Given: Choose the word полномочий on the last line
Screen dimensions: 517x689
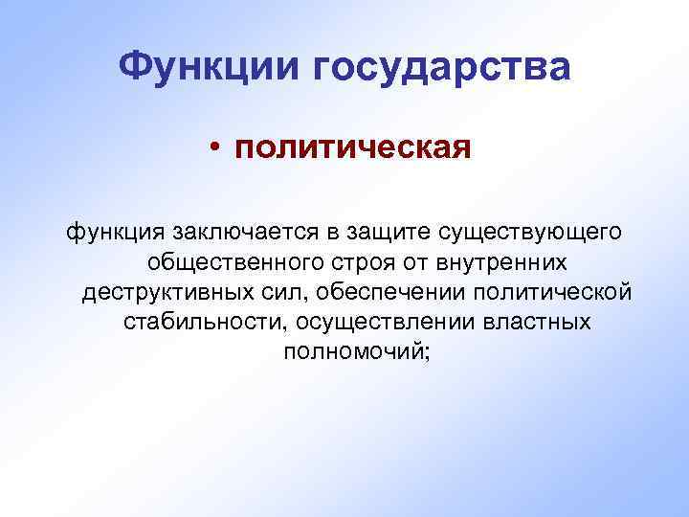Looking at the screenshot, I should point(354,351).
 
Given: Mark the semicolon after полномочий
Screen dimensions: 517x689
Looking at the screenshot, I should point(429,352).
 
